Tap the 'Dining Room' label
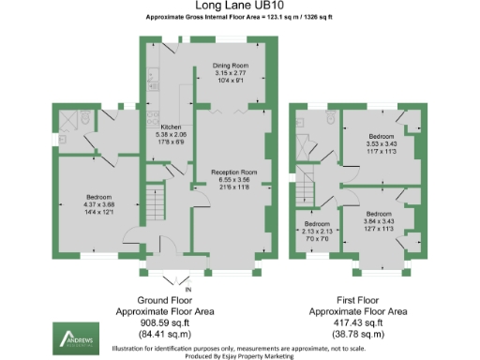coord(229,66)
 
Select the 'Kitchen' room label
coord(170,126)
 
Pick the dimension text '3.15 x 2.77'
coord(229,73)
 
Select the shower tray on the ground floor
coord(65,120)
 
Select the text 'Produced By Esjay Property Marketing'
coord(239,355)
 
